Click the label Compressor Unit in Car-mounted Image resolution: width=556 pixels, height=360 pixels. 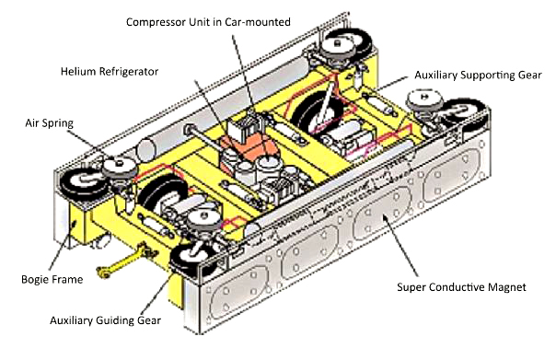pos(208,22)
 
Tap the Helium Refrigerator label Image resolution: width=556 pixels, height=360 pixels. pos(110,72)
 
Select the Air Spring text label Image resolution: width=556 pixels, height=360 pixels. pos(50,123)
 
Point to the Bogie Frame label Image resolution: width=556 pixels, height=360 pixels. pos(52,280)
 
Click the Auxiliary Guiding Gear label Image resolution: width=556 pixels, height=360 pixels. pos(105,320)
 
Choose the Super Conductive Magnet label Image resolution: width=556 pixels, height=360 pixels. pos(461,287)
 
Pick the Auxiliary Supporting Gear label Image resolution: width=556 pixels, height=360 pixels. pos(478,75)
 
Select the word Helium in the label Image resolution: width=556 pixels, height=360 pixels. pos(78,72)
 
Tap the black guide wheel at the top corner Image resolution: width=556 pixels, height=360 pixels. pos(349,44)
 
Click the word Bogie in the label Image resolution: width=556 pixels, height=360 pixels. pos(35,280)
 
